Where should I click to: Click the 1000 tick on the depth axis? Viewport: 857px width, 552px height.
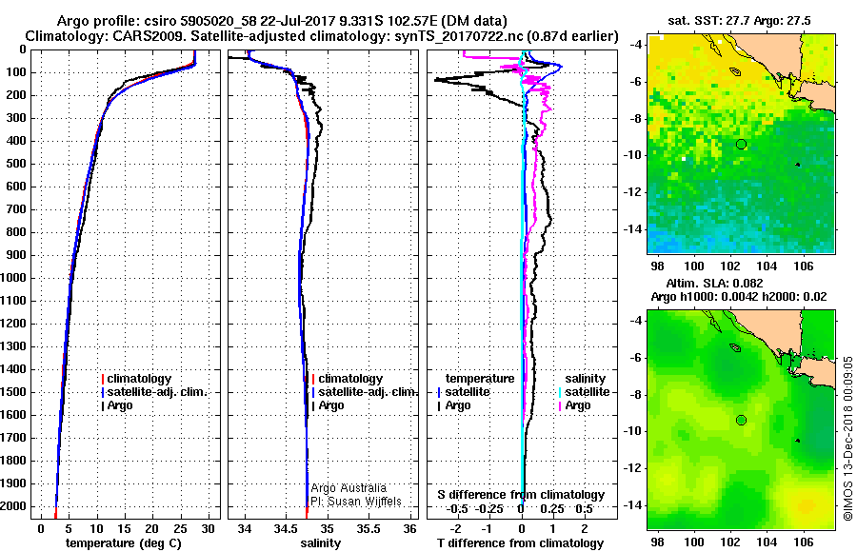(x=15, y=278)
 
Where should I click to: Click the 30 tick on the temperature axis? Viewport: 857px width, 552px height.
(x=208, y=527)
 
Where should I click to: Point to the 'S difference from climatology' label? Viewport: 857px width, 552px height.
(x=520, y=495)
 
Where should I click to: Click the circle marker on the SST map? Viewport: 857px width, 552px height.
(x=741, y=144)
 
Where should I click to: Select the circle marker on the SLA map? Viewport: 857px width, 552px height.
(x=741, y=420)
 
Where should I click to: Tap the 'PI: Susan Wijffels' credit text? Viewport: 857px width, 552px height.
(x=355, y=502)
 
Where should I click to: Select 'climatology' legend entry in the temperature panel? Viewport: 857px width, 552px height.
(x=142, y=379)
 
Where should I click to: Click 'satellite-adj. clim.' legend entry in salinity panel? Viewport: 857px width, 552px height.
(x=367, y=392)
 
